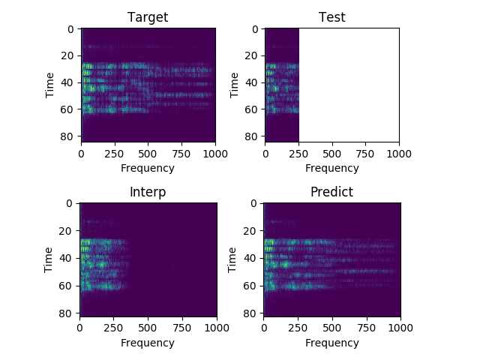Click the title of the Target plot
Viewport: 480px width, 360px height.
click(148, 17)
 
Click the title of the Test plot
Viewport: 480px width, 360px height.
click(331, 17)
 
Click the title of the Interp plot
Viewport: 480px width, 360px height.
click(148, 192)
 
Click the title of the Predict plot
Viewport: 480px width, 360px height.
click(331, 192)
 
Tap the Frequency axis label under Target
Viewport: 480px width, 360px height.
click(148, 169)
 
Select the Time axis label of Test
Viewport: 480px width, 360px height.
click(235, 83)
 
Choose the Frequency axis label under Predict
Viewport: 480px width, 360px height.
click(331, 343)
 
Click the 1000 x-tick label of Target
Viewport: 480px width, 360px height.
click(215, 154)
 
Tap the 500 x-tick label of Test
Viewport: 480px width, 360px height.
click(331, 154)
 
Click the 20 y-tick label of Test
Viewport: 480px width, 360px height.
click(252, 55)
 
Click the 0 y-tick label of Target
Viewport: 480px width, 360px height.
click(71, 29)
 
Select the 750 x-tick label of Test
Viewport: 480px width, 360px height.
click(365, 154)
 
